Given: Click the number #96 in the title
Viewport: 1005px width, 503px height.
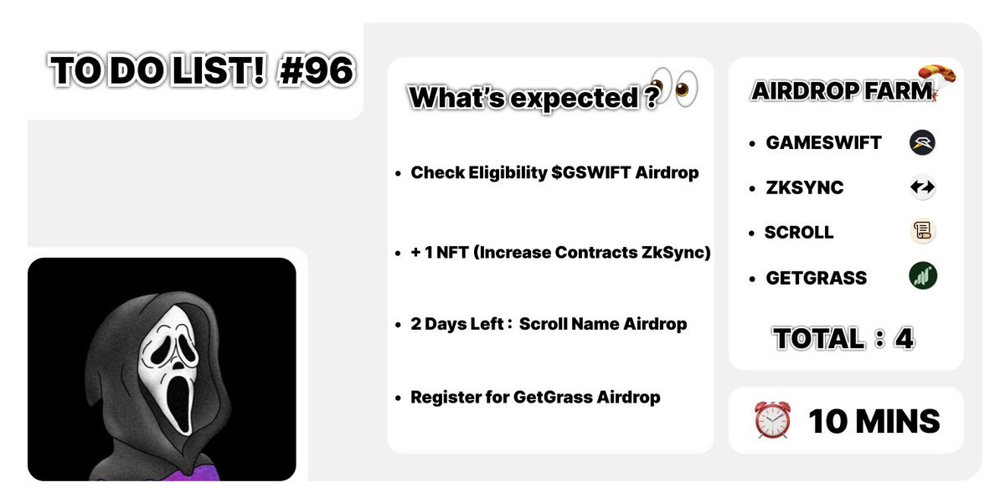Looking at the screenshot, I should [x=316, y=73].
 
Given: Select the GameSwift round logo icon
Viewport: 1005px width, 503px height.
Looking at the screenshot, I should [x=922, y=142].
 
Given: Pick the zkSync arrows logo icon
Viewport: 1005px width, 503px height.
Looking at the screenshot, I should [x=922, y=187].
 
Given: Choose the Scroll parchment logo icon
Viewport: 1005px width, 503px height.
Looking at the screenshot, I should [x=922, y=232].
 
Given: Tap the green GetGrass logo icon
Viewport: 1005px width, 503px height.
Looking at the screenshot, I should [x=922, y=276].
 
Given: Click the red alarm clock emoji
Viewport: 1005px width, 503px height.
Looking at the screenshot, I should [x=773, y=421].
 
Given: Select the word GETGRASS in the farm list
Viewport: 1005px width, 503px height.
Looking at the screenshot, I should [x=817, y=277].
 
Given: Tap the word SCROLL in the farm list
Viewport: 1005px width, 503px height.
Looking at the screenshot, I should [x=799, y=232].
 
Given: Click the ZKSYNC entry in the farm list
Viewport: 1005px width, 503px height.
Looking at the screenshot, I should [x=805, y=187].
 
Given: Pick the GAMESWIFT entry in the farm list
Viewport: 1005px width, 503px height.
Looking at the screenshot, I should [x=823, y=142].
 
